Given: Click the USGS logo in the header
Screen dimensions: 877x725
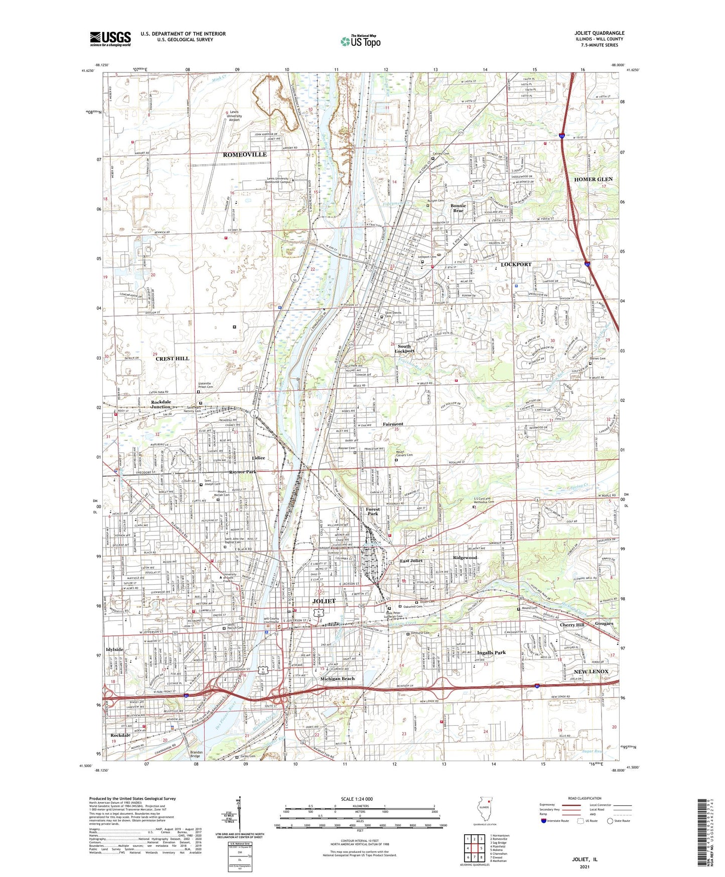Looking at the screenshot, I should [110, 39].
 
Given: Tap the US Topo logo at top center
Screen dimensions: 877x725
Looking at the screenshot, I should [360, 41].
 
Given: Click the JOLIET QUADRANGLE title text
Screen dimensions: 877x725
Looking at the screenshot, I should [599, 33].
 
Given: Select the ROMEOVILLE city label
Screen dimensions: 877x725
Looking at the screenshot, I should [245, 155].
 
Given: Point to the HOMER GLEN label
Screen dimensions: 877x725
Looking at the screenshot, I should [593, 179].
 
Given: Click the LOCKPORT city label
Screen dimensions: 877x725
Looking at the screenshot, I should [516, 264].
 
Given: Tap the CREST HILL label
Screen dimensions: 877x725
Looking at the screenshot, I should [172, 359].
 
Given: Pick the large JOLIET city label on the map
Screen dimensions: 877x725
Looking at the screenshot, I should [324, 601].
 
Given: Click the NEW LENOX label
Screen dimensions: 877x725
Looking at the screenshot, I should [591, 672].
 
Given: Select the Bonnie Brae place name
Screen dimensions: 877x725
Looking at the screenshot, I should [458, 208].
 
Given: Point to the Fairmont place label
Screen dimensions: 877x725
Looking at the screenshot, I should [393, 424].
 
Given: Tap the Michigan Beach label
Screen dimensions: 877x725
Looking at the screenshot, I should [337, 679].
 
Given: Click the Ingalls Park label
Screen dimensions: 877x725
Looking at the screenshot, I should [491, 652].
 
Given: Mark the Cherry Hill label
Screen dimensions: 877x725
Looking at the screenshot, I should [572, 625].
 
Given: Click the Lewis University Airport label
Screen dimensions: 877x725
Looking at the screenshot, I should [234, 116].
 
